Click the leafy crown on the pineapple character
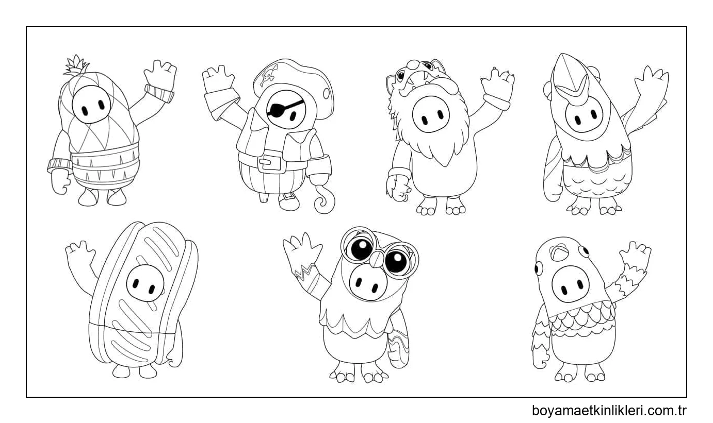pos(76,66)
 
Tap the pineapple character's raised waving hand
pos(160,74)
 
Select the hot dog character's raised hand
pos(80,253)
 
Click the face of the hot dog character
pos(145,283)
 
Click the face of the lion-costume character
pos(431,113)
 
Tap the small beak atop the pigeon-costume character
pos(559,251)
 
